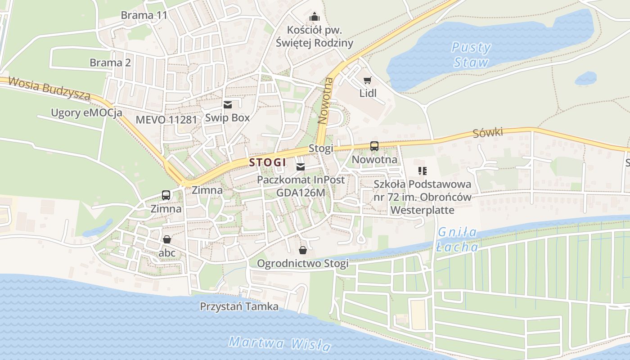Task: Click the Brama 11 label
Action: click(144, 15)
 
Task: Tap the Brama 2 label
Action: click(110, 63)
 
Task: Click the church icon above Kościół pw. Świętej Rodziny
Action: click(314, 17)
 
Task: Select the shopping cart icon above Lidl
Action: click(368, 81)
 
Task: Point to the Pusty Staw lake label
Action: click(471, 54)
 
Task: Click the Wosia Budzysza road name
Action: click(49, 88)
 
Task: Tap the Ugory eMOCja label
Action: click(86, 112)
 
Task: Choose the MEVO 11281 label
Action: click(166, 120)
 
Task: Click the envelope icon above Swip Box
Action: click(227, 105)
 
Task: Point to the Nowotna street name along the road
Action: click(325, 100)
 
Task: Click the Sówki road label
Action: click(487, 133)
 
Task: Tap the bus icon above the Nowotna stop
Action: click(374, 146)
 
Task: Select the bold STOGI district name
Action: click(268, 162)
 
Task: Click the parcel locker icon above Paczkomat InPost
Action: click(301, 167)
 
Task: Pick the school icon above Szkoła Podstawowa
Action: click(422, 171)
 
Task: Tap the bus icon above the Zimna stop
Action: click(166, 195)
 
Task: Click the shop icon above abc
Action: click(167, 239)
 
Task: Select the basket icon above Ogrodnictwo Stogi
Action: click(303, 250)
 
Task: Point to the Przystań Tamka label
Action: click(239, 306)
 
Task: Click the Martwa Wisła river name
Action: click(279, 344)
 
